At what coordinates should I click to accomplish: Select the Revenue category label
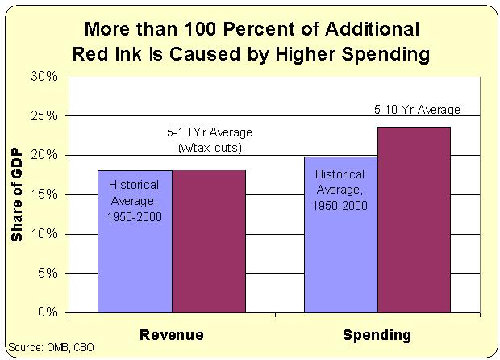171,335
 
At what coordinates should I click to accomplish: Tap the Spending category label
377,335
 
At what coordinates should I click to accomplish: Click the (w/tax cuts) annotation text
209,148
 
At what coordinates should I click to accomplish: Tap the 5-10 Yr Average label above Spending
416,109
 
